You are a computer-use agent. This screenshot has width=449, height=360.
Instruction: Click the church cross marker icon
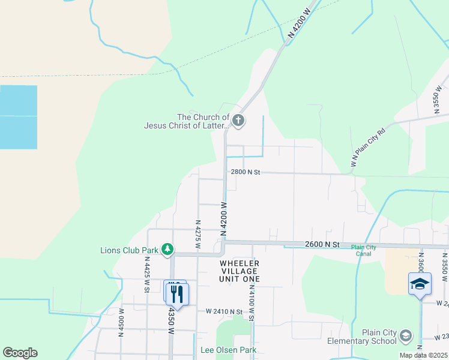click(x=238, y=121)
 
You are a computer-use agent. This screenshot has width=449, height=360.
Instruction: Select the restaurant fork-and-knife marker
click(x=177, y=293)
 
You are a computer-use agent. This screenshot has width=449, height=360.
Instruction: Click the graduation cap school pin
click(x=420, y=284)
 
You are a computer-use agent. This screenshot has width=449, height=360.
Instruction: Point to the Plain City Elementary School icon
click(x=406, y=335)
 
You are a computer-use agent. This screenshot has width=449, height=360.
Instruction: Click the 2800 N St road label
click(x=246, y=172)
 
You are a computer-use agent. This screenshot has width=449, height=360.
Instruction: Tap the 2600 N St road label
click(x=322, y=244)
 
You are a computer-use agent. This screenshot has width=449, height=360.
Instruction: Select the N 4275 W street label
click(x=197, y=234)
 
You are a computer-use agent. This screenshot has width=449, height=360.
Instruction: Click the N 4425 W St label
click(x=146, y=275)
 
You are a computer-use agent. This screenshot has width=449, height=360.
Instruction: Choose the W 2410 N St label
click(x=224, y=311)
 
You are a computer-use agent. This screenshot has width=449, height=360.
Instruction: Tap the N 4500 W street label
click(x=122, y=323)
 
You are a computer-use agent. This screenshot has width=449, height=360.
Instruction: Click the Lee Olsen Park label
click(x=229, y=350)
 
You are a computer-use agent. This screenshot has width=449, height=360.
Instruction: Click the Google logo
click(x=20, y=353)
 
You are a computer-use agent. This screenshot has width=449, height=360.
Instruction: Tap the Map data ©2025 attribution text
click(x=423, y=355)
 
